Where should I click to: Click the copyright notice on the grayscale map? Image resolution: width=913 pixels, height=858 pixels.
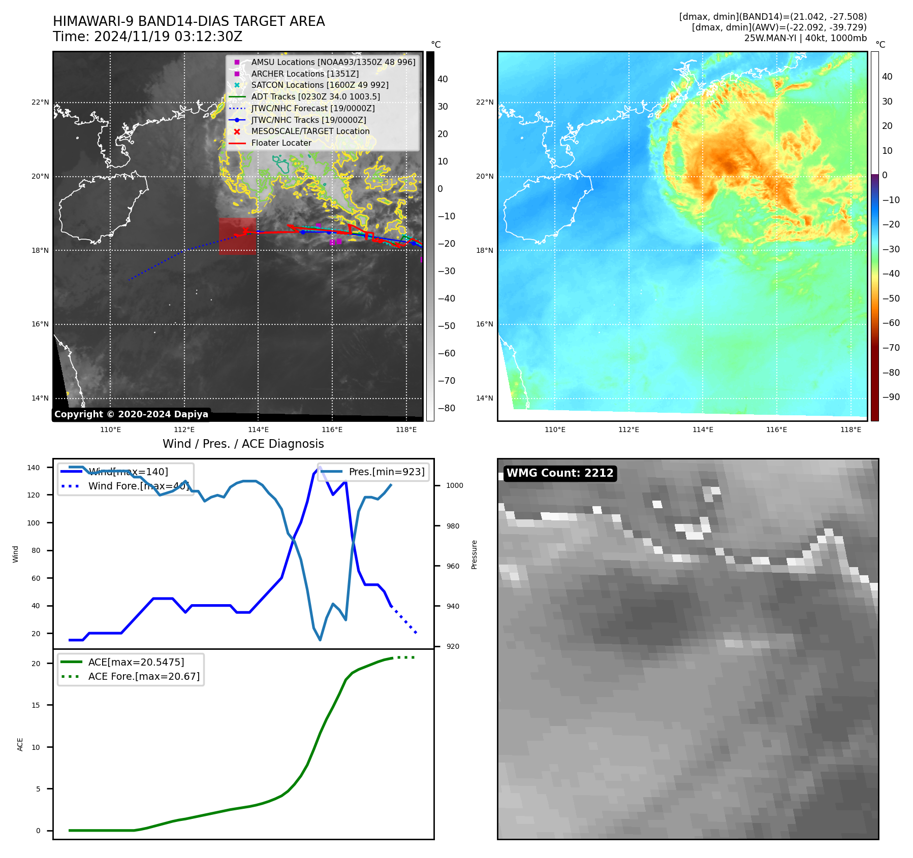point(131,414)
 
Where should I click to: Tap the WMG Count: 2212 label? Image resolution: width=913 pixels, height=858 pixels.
point(560,473)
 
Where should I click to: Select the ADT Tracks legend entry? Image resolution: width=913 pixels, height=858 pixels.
point(315,96)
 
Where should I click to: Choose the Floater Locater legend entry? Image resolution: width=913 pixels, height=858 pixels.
point(281,143)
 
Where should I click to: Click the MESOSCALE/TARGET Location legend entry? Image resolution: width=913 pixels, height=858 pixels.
point(310,131)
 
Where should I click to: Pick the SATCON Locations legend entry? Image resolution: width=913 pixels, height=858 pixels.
point(320,85)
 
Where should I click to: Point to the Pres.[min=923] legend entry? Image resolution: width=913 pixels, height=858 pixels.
point(386,472)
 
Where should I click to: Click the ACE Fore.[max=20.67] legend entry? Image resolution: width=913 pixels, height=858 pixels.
point(144,676)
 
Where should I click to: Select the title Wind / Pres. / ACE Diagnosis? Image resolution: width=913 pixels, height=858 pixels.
point(243,444)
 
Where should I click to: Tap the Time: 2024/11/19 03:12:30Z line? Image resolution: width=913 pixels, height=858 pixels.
point(147,37)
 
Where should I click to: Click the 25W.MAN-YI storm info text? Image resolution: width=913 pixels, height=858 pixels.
point(805,38)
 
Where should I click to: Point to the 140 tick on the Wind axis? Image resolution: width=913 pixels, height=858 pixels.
point(34,468)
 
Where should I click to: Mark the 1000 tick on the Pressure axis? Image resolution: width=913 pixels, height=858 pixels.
point(454,486)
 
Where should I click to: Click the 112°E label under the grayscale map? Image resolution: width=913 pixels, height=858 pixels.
point(184,430)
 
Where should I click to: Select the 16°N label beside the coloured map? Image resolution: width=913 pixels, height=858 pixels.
point(484,324)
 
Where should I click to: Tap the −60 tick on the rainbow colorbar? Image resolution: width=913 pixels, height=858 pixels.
point(891,323)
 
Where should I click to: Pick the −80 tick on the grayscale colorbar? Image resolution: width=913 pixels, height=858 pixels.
point(447,408)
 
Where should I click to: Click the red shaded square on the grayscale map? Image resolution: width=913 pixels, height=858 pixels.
point(237,236)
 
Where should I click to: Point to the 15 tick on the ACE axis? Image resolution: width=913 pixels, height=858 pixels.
point(36,705)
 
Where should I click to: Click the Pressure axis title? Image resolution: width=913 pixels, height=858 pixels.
point(474,554)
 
